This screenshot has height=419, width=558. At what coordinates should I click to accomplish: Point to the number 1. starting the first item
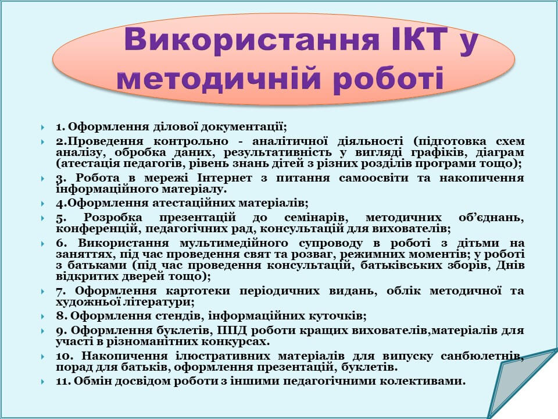pyautogui.click(x=60, y=127)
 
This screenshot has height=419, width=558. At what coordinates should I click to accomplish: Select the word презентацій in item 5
pyautogui.click(x=198, y=217)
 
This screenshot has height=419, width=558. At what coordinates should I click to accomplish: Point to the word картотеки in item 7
pyautogui.click(x=198, y=291)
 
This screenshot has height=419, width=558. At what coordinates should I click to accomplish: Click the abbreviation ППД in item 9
pyautogui.click(x=231, y=331)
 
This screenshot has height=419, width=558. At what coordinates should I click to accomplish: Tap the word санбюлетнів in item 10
pyautogui.click(x=482, y=356)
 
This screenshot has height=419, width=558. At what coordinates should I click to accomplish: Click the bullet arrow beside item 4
pyautogui.click(x=42, y=204)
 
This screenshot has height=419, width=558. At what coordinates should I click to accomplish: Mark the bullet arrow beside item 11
pyautogui.click(x=42, y=382)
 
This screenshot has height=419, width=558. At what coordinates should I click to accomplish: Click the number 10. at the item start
pyautogui.click(x=64, y=356)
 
